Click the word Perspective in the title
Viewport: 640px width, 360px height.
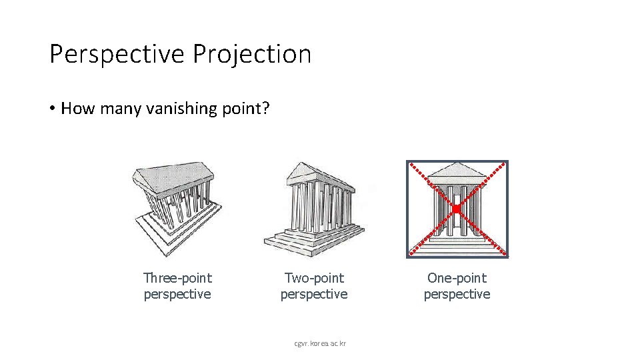(118, 54)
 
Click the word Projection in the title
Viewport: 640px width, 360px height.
(252, 54)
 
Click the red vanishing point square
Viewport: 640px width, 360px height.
(457, 209)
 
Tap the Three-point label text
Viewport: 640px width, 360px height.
(177, 278)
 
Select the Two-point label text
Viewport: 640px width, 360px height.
(314, 278)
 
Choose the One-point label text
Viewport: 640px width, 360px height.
(457, 278)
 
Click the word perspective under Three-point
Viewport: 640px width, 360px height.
(177, 294)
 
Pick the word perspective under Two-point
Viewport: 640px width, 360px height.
(314, 294)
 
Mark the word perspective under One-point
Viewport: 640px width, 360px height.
(457, 294)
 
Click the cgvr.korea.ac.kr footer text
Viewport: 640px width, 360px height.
(320, 343)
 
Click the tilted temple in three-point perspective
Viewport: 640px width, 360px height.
(177, 207)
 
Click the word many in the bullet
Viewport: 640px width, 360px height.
(119, 109)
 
